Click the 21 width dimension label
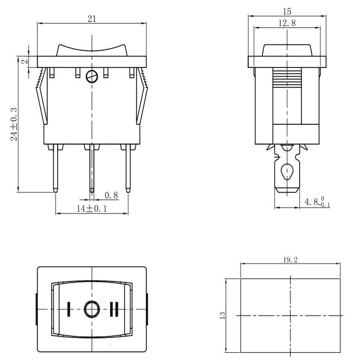92,18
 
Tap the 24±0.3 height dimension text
14,124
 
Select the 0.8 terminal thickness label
111,195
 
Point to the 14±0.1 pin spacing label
92,208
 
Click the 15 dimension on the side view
287,11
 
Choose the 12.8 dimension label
287,23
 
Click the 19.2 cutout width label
290,260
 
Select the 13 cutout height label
222,315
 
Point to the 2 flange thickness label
25,62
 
